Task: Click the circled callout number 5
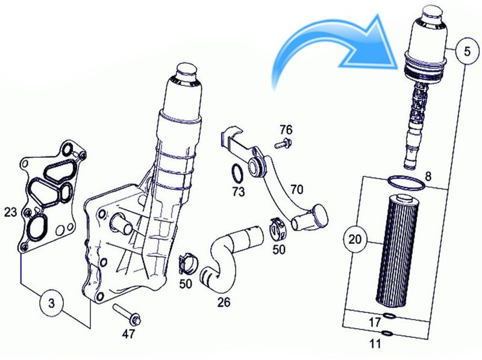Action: pyautogui.click(x=467, y=51)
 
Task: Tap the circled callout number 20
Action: pyautogui.click(x=355, y=238)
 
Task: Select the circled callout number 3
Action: pyautogui.click(x=51, y=303)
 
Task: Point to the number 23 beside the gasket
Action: pyautogui.click(x=10, y=213)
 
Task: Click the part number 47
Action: pyautogui.click(x=128, y=334)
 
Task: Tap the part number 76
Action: pyautogui.click(x=286, y=130)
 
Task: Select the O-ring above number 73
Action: pyautogui.click(x=237, y=174)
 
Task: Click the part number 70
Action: pyautogui.click(x=296, y=190)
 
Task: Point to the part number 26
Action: pyautogui.click(x=224, y=302)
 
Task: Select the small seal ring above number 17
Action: pyautogui.click(x=389, y=315)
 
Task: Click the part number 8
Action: pyautogui.click(x=428, y=176)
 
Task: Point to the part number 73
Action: pyautogui.click(x=238, y=191)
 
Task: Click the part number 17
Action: pyautogui.click(x=375, y=322)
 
